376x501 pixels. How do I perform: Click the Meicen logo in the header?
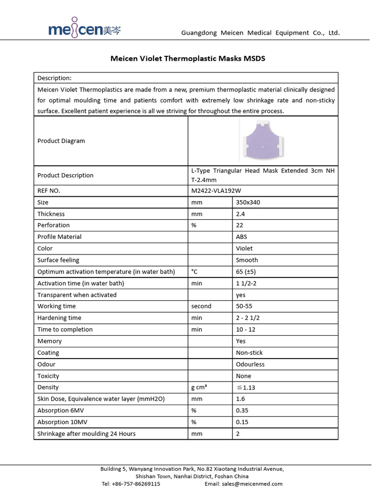84,30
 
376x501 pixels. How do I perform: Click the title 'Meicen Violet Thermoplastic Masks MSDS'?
188,58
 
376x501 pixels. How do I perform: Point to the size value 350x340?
248,202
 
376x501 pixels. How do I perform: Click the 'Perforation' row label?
53,225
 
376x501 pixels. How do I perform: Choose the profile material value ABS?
241,237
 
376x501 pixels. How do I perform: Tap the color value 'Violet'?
244,248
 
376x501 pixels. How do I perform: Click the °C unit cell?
194,272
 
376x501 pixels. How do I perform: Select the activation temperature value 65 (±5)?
247,272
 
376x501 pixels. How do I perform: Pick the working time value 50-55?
244,306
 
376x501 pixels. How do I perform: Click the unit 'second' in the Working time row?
201,306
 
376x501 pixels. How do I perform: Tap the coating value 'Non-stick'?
249,353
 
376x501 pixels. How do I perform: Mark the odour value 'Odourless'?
250,364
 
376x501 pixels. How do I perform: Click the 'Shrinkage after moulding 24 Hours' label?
87,433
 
